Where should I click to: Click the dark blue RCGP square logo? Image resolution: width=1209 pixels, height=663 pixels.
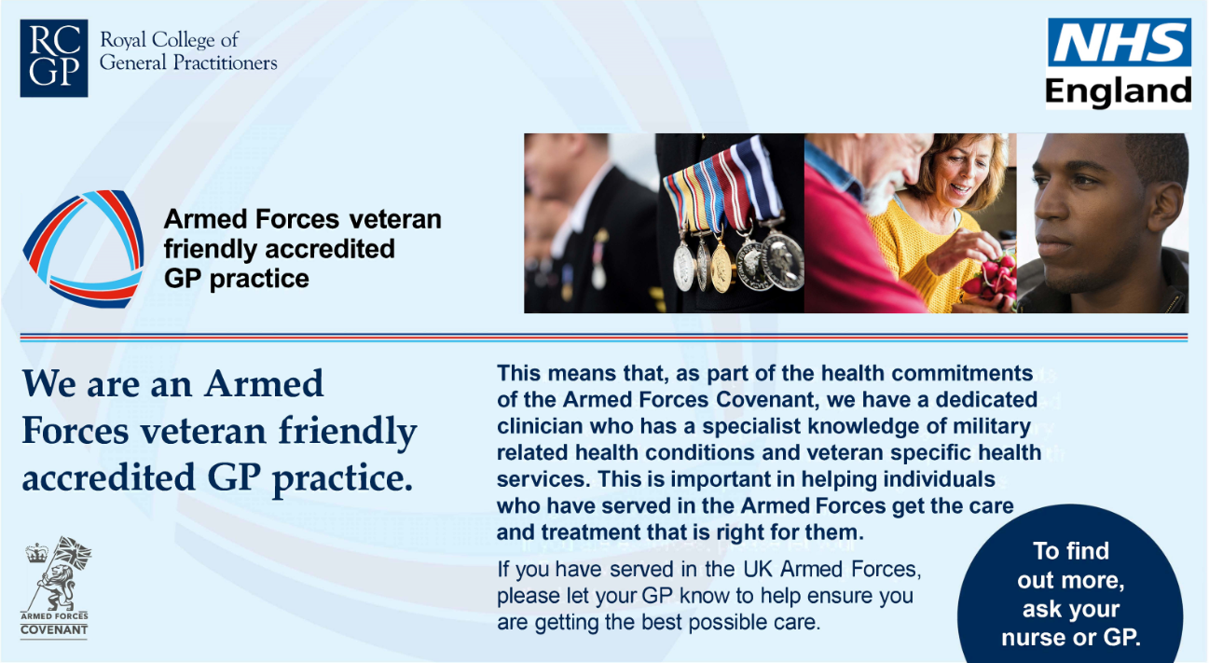coord(54,59)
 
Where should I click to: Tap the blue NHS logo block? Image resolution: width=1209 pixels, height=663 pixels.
coord(1120,42)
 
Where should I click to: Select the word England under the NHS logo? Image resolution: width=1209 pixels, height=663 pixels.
coord(1119,90)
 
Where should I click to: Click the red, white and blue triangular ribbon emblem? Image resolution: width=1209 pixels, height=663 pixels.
coord(84,249)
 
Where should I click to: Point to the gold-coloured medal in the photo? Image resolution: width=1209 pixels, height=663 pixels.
coord(721,266)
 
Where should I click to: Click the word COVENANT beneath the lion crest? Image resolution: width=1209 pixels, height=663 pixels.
coord(54,630)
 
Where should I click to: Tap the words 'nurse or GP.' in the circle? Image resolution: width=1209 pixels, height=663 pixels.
coord(1071,638)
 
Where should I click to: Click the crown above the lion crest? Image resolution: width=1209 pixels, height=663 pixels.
coord(36,553)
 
